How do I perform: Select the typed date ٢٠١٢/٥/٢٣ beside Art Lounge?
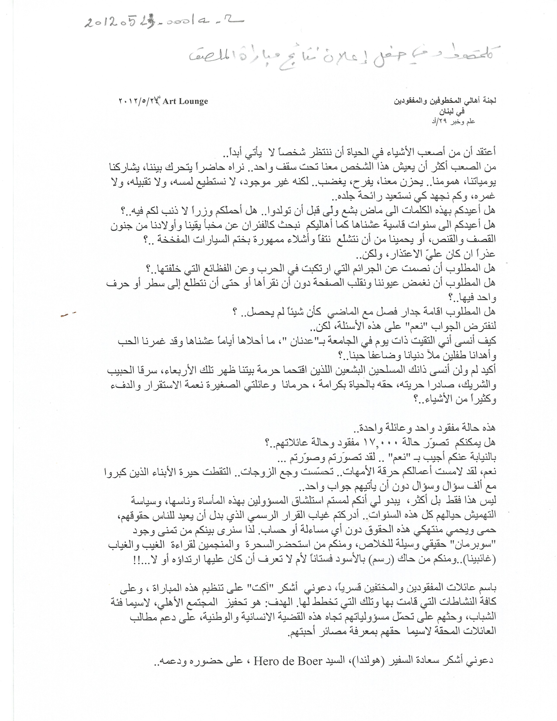[x=139, y=101]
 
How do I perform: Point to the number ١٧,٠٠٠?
[x=382, y=442]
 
